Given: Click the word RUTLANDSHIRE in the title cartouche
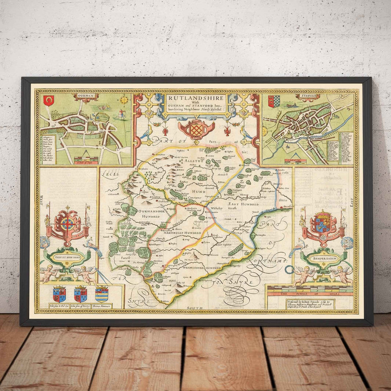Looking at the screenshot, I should point(195,98).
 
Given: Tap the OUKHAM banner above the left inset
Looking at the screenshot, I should point(86,95).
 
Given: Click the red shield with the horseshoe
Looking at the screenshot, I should point(48,101).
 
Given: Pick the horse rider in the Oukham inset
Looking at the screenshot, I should point(120,114).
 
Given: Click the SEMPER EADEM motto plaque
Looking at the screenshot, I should point(322,256).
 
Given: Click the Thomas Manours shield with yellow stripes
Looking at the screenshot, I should point(102,295).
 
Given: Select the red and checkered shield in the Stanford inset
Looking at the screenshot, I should point(273,101).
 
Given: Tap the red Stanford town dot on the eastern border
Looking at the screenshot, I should point(288,209).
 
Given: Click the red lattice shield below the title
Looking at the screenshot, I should point(195,129).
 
